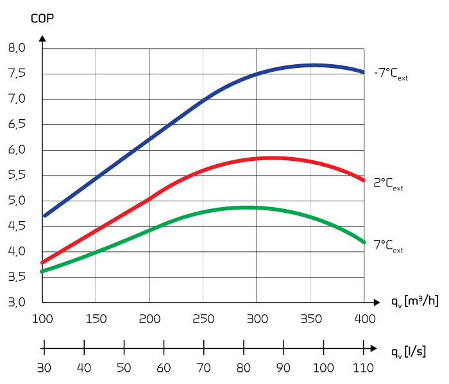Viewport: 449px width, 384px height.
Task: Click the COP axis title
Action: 42,18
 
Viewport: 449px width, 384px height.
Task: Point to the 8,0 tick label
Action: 17,48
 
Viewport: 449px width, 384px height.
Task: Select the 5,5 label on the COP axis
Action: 17,175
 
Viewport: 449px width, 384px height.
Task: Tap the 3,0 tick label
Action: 17,303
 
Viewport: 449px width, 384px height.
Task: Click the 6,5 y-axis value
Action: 17,124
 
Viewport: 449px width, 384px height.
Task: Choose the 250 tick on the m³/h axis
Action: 203,319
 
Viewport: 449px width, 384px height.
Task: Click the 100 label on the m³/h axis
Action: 42,319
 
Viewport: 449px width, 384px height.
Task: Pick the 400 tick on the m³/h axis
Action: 364,319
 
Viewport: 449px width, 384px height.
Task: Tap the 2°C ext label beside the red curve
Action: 389,183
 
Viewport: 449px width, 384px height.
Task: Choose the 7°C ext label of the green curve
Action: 389,246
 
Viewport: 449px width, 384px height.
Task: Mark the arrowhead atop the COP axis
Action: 42,38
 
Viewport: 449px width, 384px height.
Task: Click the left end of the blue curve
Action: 44,216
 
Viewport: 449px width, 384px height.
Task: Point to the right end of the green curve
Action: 364,242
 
